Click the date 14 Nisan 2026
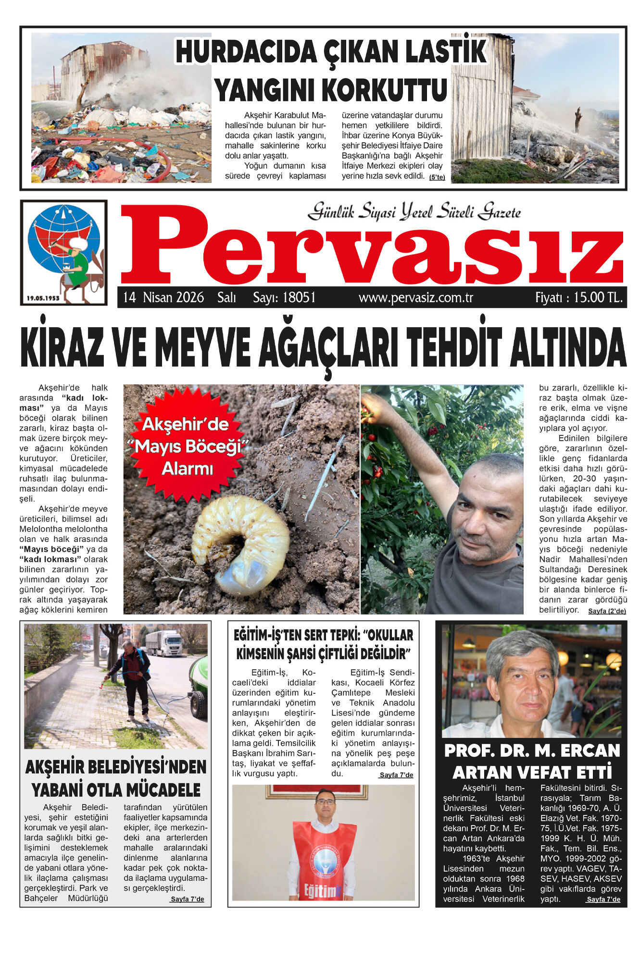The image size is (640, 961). [163, 297]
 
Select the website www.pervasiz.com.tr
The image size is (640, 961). [416, 298]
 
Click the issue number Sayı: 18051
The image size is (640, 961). [284, 297]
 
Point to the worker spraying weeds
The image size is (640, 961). [135, 678]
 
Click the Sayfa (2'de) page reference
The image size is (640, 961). [607, 611]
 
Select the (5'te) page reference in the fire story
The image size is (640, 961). [437, 177]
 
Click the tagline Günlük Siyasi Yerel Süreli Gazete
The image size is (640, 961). [414, 211]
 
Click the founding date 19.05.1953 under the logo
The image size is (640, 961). [43, 298]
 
